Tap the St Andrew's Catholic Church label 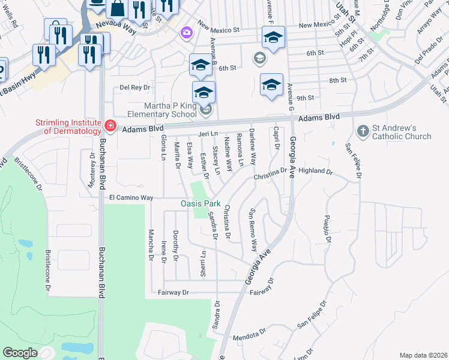402,132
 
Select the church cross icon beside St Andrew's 362,131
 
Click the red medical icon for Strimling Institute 110,125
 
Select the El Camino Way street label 131,197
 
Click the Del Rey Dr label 134,87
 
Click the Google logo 20,353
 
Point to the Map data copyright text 423,355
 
